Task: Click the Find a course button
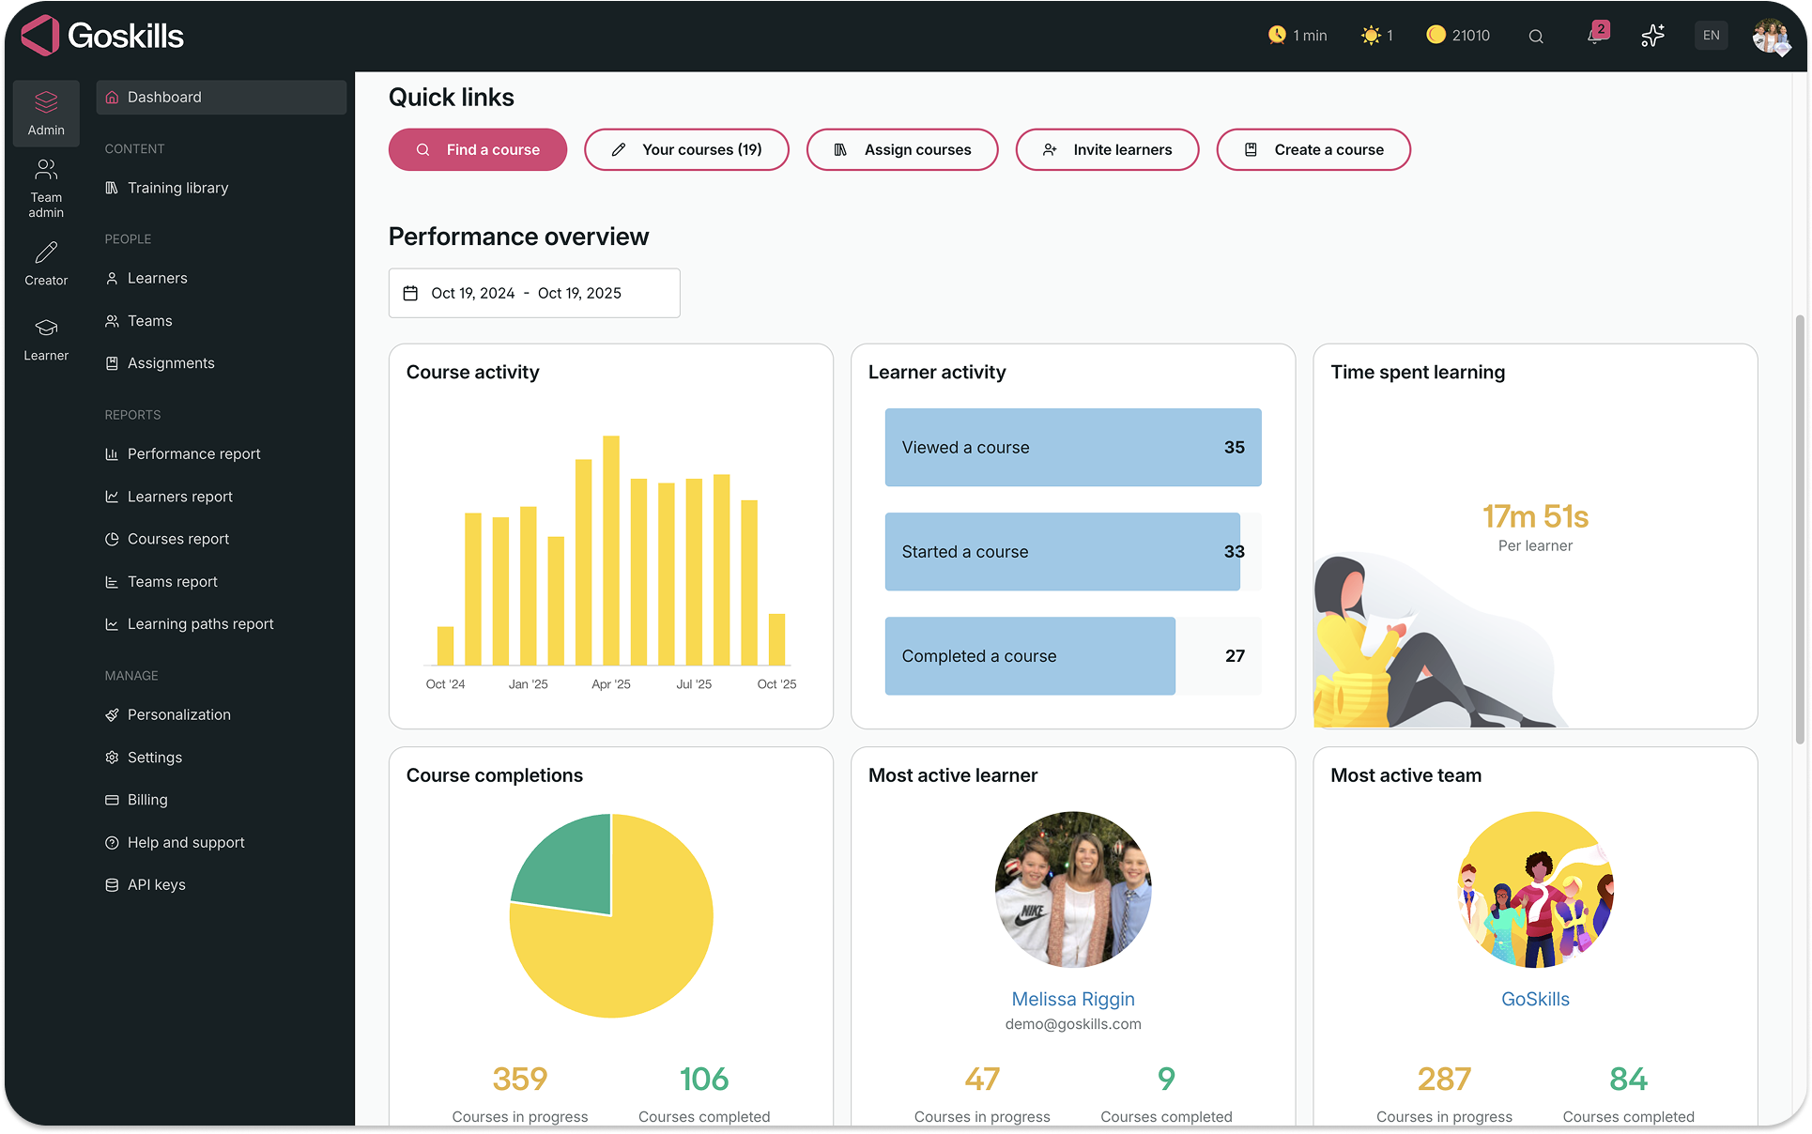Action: tap(478, 150)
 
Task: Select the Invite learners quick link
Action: tap(1107, 150)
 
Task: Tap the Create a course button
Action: tap(1313, 150)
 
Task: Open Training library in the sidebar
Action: tap(177, 188)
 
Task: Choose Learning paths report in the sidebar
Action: tap(200, 624)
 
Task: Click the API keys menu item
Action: tap(156, 885)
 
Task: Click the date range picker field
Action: tap(534, 293)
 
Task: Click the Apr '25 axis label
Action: tap(611, 684)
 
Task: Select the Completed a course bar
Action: tap(1030, 656)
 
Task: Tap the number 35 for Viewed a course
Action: tap(1235, 448)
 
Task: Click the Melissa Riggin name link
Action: tap(1073, 999)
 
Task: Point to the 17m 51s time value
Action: tap(1535, 516)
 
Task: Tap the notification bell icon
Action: tap(1595, 36)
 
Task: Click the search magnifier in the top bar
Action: tap(1536, 37)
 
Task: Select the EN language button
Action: tap(1712, 36)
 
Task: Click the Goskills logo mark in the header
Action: tap(41, 36)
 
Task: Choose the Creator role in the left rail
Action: tap(46, 264)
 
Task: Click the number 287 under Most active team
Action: tap(1444, 1080)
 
